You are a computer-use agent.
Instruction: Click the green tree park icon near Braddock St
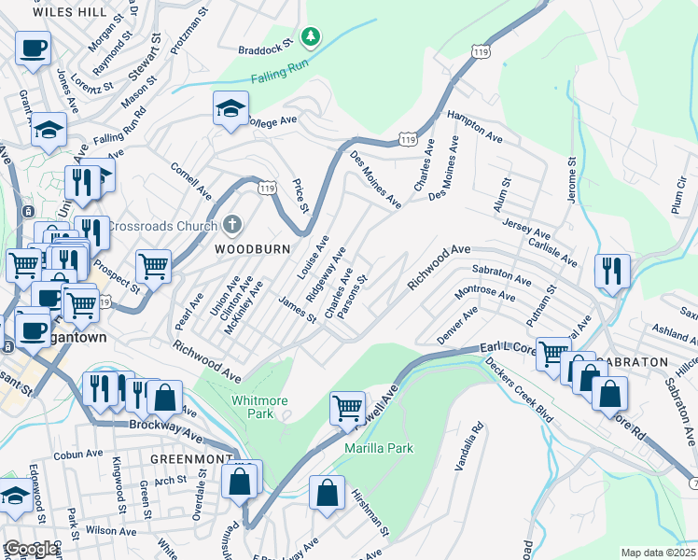311,36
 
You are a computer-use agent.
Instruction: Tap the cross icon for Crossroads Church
232,226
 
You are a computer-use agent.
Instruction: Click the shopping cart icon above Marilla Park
347,407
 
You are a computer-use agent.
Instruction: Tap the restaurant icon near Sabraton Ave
612,271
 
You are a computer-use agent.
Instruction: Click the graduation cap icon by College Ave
230,109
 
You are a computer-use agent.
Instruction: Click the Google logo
30,549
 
